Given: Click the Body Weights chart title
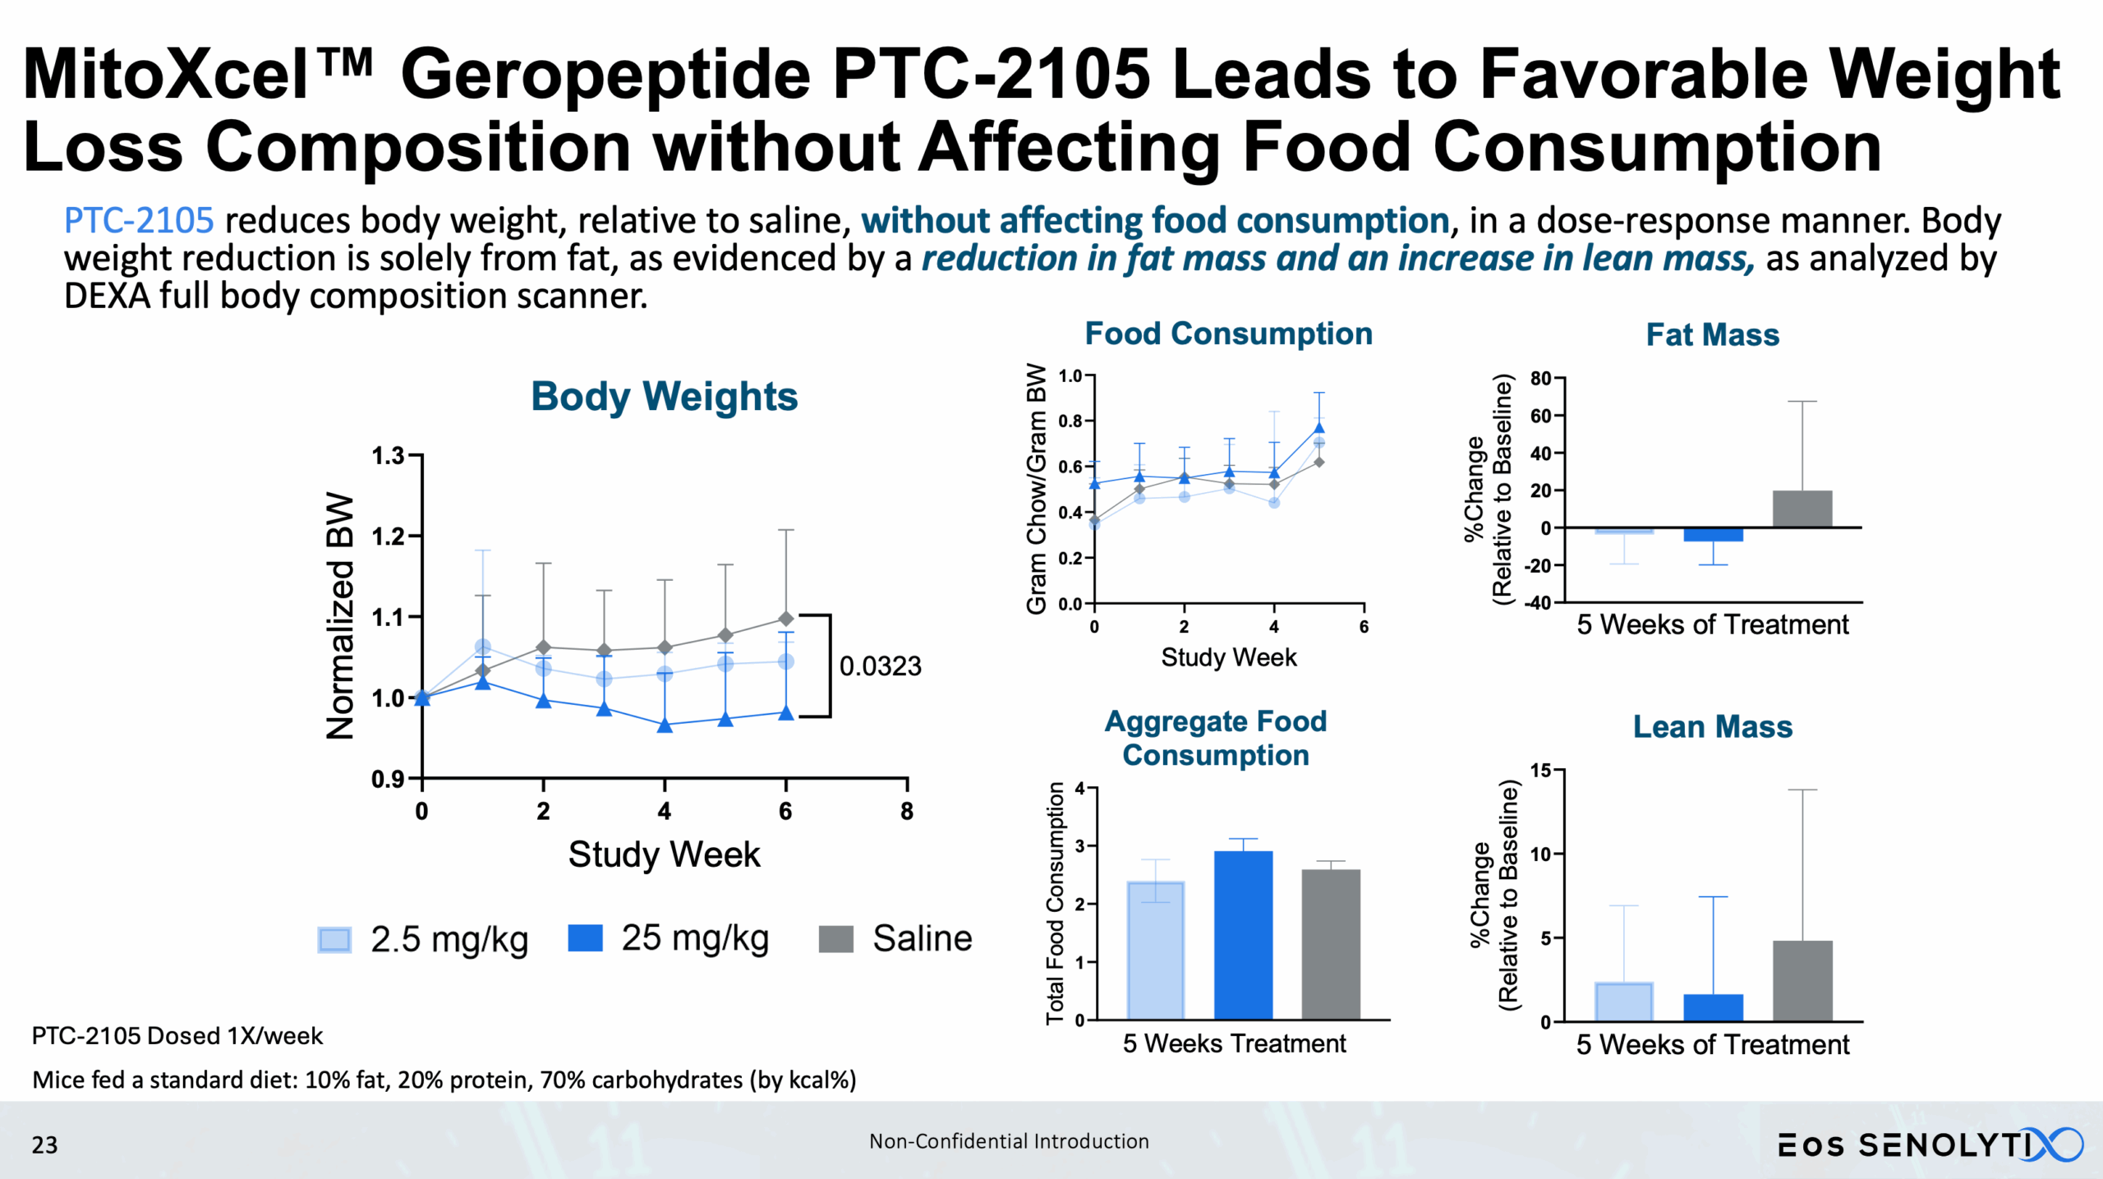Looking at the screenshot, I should [664, 397].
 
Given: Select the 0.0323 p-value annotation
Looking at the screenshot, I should [880, 666].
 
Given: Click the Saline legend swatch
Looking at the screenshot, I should [835, 938].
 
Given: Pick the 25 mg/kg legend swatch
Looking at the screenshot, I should [585, 938].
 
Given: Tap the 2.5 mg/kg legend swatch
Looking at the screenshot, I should [334, 939].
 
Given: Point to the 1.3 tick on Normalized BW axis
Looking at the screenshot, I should [389, 455].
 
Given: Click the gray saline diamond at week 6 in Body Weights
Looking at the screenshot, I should [786, 619].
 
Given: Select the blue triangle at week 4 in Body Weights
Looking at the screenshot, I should [665, 725].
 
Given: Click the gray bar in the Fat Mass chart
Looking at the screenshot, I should [1802, 509].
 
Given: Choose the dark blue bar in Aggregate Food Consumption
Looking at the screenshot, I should [1243, 935].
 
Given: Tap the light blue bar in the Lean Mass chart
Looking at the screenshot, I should [1623, 1002].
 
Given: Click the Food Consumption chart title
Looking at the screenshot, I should [1228, 334].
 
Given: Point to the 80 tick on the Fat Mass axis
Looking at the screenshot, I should [1540, 379].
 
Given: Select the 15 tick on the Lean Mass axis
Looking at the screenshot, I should [1540, 771].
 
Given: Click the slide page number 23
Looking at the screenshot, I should [44, 1145].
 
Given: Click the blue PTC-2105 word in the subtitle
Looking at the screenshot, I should [139, 221].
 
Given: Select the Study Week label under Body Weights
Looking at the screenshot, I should [664, 854].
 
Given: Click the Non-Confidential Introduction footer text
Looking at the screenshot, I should [1009, 1141].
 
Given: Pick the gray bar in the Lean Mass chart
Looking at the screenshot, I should [1802, 981].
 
